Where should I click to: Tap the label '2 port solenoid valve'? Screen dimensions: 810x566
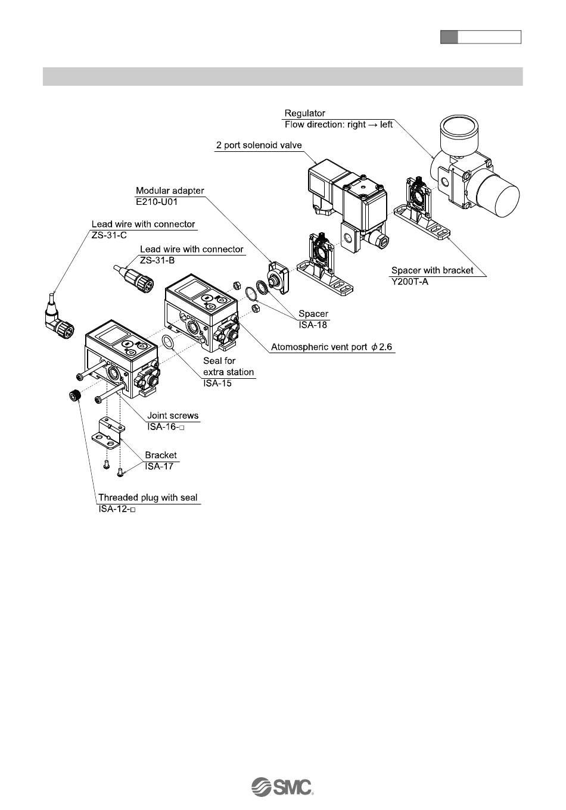(x=259, y=145)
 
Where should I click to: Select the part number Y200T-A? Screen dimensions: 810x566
(x=410, y=281)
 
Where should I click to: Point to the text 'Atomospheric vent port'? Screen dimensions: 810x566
(x=318, y=347)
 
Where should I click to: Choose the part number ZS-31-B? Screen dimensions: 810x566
(x=158, y=260)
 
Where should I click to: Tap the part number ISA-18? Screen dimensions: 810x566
(x=313, y=325)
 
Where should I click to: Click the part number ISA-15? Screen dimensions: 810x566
(x=217, y=383)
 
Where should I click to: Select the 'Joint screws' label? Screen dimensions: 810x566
(x=173, y=416)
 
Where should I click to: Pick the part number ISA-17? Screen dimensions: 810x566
(x=159, y=466)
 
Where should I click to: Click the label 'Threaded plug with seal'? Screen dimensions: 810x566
(x=148, y=498)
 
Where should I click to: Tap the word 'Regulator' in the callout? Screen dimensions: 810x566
(x=305, y=113)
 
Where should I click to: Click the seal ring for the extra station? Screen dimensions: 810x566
(x=169, y=342)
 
